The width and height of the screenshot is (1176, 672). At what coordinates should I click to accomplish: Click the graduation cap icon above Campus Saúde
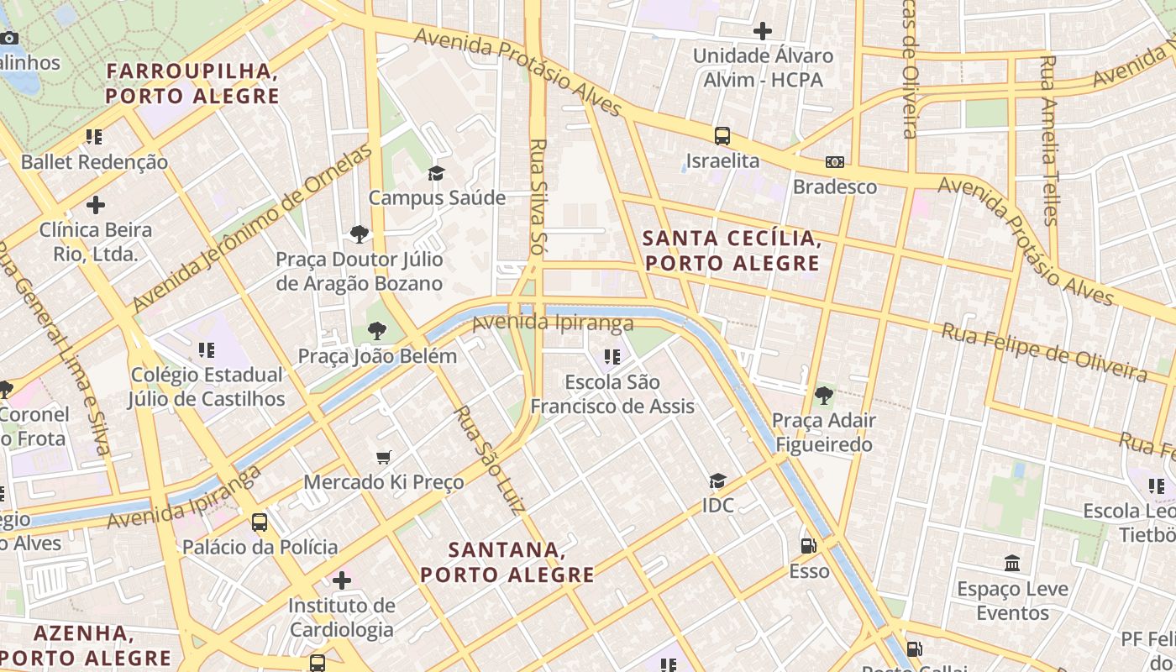[436, 173]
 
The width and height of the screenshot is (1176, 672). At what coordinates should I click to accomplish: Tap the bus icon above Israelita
[722, 135]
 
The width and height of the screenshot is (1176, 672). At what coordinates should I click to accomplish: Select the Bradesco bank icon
[834, 161]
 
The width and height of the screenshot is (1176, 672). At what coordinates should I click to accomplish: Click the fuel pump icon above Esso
[808, 546]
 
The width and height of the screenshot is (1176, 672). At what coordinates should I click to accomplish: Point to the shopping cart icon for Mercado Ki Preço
[384, 457]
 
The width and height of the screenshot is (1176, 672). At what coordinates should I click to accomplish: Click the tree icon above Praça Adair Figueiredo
[823, 395]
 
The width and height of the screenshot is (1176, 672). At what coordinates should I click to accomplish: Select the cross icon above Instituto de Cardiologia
[341, 580]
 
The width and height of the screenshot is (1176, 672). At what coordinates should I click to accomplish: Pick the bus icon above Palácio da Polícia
[260, 522]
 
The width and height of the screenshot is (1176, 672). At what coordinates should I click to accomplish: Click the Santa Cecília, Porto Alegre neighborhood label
[731, 250]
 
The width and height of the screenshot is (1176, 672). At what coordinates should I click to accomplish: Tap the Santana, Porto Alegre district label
[507, 562]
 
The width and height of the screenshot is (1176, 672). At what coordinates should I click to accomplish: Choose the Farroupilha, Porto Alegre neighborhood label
[192, 83]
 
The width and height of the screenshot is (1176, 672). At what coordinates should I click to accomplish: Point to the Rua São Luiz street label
[490, 459]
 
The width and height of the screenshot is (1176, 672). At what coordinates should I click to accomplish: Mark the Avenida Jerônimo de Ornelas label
[251, 227]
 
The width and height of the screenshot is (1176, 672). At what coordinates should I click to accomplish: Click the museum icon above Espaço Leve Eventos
[1012, 563]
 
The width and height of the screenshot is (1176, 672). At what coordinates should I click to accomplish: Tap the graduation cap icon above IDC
[717, 480]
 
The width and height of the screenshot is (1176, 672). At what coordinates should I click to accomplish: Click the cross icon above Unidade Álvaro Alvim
[762, 31]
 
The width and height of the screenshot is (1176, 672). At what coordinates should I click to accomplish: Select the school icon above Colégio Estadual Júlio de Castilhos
[206, 349]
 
